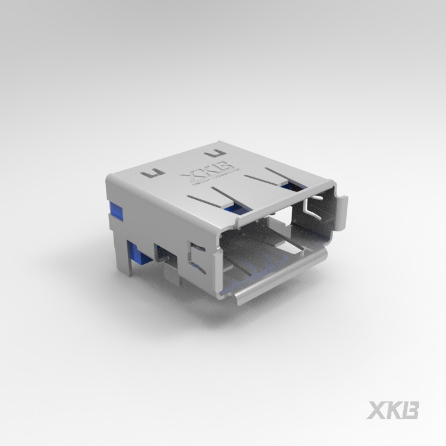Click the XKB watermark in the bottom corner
(x=394, y=410)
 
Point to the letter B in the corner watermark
(x=411, y=410)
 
